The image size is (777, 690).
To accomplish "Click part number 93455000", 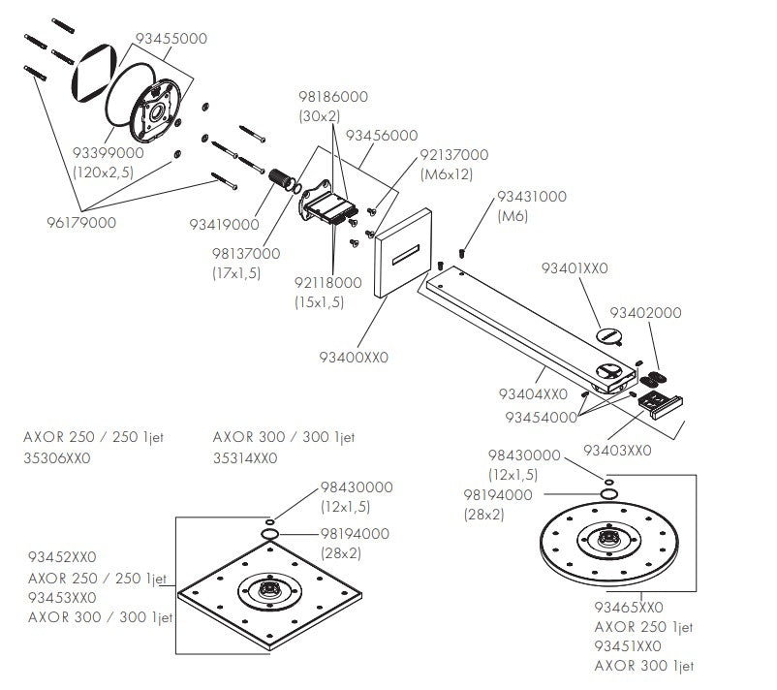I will pos(171,39).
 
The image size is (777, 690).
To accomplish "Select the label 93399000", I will pos(109,153).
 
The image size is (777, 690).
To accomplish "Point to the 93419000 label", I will pos(224,224).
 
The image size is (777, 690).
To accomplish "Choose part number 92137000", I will pos(453,155).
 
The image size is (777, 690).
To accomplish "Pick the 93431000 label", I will pos(532,196).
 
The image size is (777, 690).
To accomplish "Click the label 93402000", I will pos(645,313).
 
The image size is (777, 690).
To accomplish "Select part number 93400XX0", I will pos(354,357).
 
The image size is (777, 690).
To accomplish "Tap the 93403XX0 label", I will pos(616,450).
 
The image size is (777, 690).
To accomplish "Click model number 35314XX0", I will pos(245,458).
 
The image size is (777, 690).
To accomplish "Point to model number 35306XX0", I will pos(56,458).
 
